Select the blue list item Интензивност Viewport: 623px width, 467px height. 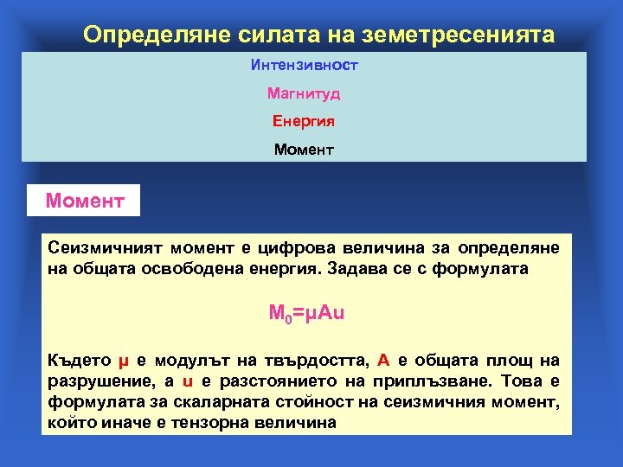(x=304, y=65)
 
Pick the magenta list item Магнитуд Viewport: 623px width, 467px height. (x=304, y=93)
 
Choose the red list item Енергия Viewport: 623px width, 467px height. (x=304, y=121)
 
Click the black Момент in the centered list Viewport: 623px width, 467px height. (x=304, y=150)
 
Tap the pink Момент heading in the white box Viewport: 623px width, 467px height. (x=85, y=202)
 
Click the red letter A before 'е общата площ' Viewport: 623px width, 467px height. (x=383, y=361)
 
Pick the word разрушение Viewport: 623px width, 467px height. (x=91, y=381)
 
